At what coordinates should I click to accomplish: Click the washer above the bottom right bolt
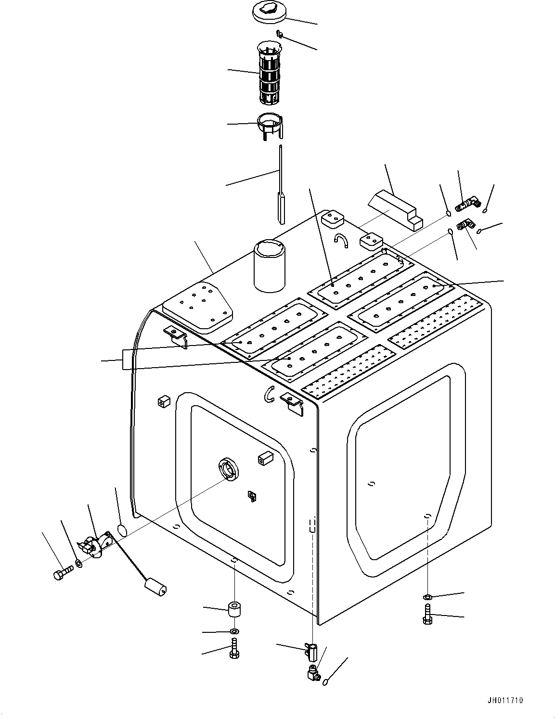(427, 597)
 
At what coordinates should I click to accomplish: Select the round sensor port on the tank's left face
(228, 469)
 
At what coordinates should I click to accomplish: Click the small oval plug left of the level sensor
(122, 530)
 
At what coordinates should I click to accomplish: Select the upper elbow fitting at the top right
(466, 205)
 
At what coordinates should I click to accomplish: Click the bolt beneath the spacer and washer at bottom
(234, 648)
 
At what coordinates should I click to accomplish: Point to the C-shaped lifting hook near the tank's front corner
(270, 393)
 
